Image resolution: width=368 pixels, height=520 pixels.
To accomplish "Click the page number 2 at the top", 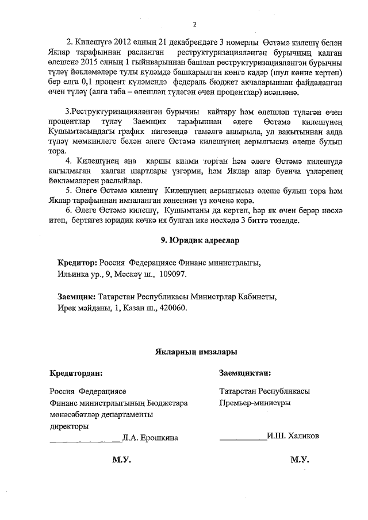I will [x=194, y=24].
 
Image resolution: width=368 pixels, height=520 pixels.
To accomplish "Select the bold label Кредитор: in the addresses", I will [x=78, y=263].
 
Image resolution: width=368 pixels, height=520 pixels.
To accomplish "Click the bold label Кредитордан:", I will [x=76, y=373].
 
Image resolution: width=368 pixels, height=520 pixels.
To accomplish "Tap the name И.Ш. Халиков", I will [x=294, y=436].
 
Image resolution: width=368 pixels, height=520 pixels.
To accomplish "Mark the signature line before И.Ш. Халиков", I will [x=242, y=439].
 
